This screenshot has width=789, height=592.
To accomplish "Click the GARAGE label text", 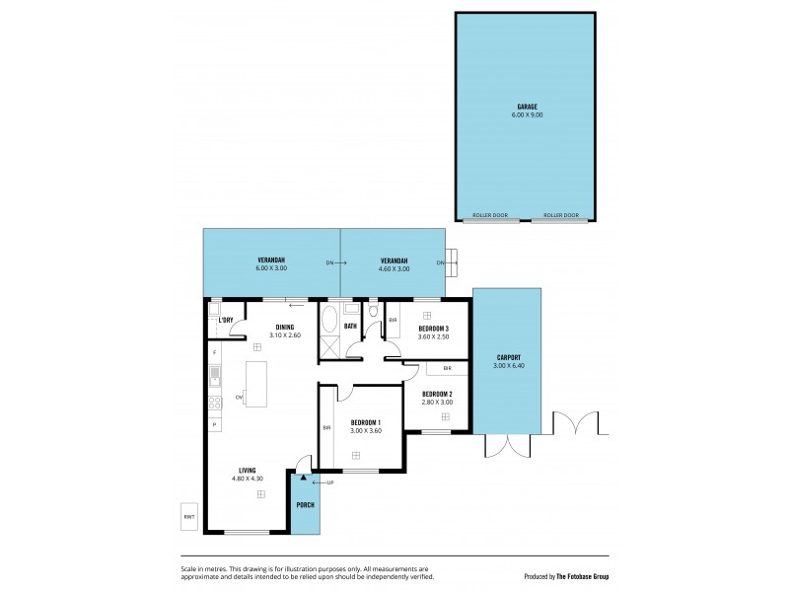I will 527,106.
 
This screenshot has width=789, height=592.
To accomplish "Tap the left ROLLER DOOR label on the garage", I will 490,214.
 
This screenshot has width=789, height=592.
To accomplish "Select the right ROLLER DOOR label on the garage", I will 559,214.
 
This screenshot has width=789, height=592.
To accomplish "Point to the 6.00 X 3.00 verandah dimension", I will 271,268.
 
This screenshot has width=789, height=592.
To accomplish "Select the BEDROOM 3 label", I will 434,328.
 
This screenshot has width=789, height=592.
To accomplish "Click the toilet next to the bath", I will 373,313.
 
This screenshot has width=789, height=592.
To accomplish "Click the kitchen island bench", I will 256,383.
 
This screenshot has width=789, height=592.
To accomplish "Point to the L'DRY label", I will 225,320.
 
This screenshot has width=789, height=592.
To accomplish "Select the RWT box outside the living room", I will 188,516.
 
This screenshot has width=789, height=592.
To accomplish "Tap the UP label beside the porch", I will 329,481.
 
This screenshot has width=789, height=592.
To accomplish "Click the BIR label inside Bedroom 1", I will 326,427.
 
